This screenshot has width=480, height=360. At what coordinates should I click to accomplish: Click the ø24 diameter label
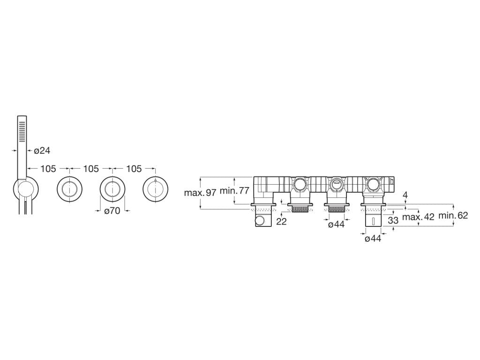coord(42,150)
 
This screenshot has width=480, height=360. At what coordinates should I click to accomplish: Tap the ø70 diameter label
coord(112,211)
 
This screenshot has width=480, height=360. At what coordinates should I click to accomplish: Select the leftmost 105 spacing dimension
coord(48,169)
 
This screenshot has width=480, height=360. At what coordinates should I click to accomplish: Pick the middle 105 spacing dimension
coord(91,169)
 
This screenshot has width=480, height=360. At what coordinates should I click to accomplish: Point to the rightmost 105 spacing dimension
coord(134,169)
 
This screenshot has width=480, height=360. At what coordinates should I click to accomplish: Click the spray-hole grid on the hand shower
coord(22,131)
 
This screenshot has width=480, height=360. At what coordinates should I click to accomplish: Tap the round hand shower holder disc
coord(26,189)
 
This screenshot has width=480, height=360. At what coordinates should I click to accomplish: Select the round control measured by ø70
coord(112,190)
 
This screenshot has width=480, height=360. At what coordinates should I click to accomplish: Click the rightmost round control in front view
coord(155,190)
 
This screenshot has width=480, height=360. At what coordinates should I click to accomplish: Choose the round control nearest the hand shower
coord(70,190)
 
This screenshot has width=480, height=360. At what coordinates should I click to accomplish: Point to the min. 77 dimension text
coord(234,191)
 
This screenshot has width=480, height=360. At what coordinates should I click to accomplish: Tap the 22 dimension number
coord(281,222)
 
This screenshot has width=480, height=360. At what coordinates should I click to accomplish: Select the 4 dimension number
coord(405,195)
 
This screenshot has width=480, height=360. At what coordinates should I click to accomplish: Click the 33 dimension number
coord(393,219)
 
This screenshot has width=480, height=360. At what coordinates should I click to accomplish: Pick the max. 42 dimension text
coord(419,217)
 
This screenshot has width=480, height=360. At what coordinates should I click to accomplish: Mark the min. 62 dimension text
coord(453,216)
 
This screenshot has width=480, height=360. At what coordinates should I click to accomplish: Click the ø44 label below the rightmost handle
coord(373,239)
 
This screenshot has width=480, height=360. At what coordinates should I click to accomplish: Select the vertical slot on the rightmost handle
coord(373,221)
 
